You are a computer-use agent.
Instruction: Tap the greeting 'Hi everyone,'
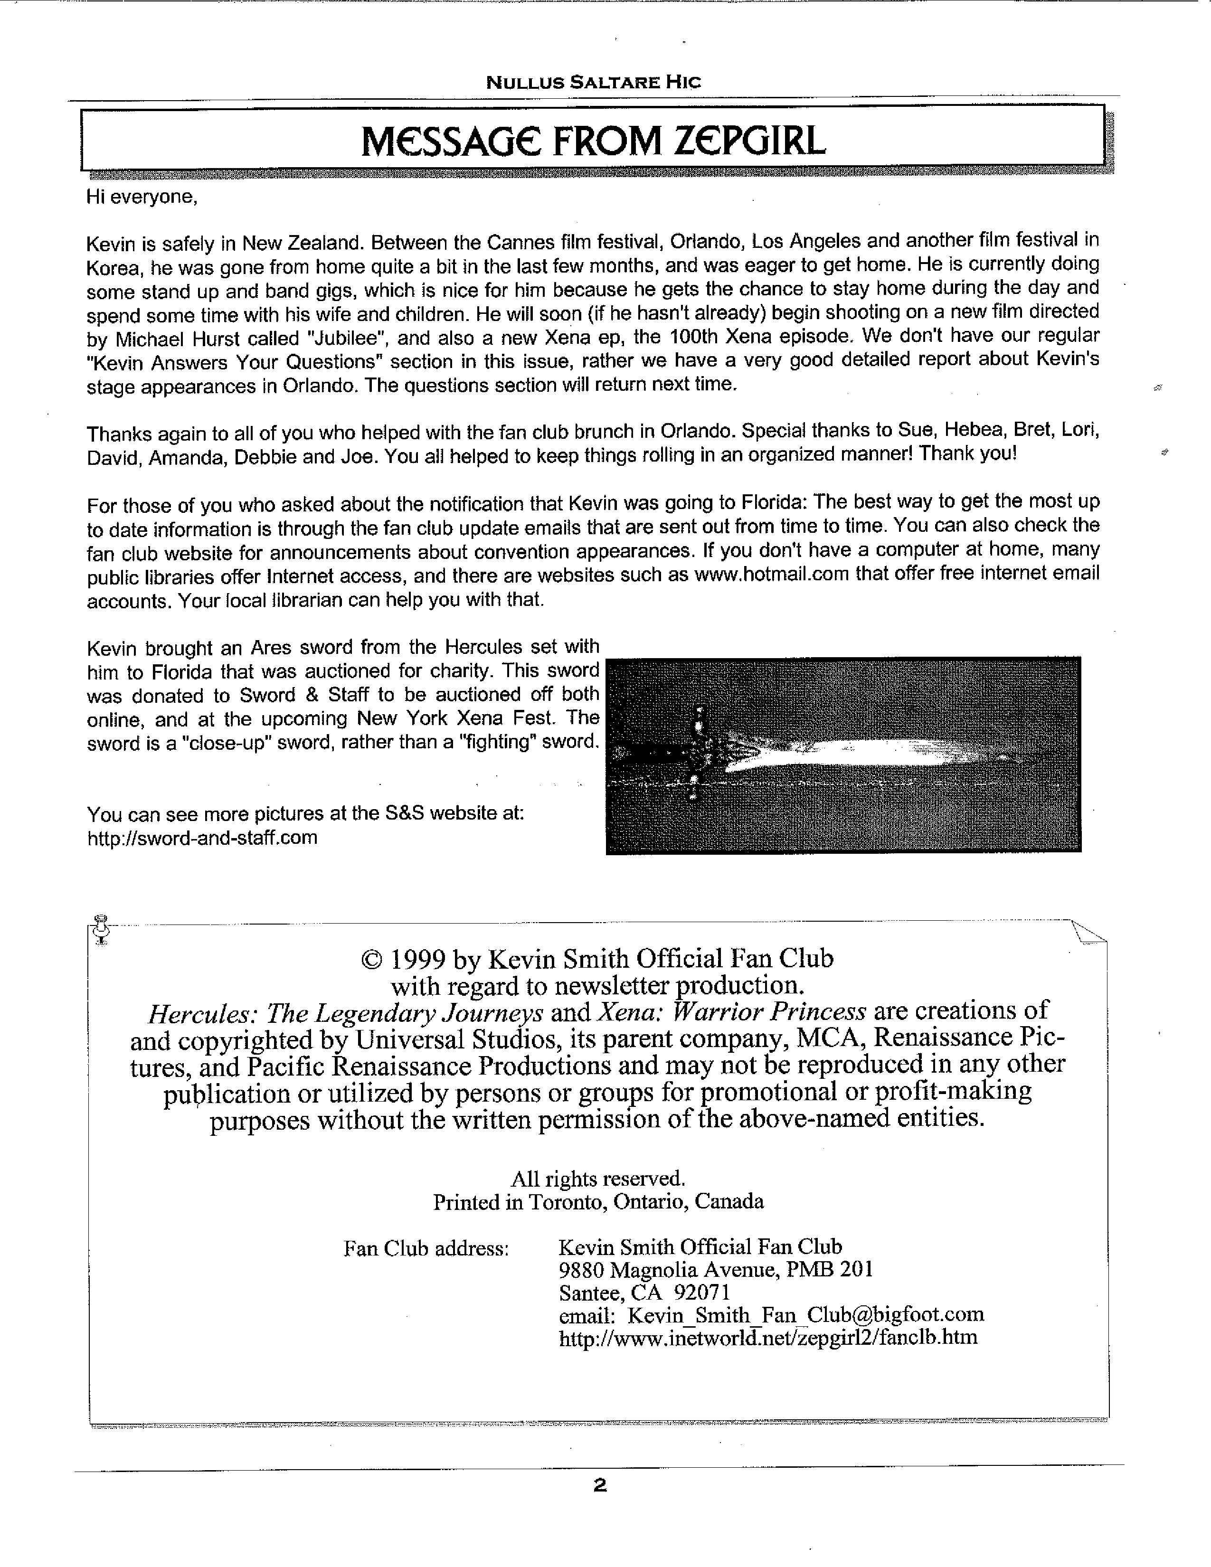click(x=142, y=197)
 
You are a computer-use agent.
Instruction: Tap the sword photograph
click(x=843, y=755)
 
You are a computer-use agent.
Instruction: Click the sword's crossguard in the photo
click(x=698, y=754)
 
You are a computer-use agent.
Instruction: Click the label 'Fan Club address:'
click(x=426, y=1248)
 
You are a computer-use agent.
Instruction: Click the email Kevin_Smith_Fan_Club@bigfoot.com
click(x=805, y=1315)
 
